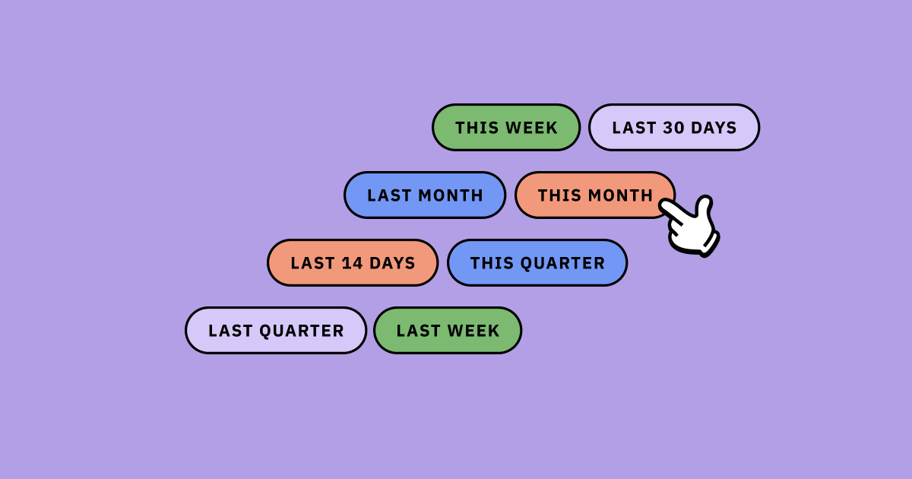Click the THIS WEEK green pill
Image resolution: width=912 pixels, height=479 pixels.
coord(506,128)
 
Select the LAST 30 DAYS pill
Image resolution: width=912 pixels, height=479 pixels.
coord(674,128)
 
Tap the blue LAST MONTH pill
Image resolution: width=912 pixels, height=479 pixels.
coord(425,195)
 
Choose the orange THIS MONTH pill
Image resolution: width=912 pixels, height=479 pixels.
coord(595,195)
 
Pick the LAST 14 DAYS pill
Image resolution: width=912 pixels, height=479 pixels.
coord(353,263)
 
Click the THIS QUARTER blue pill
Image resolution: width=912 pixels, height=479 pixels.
coord(537,263)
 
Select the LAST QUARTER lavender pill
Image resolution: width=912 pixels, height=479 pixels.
coord(276,330)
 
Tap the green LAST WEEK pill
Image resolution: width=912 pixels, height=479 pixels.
coord(448,330)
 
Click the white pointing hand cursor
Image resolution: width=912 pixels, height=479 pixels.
coord(690,226)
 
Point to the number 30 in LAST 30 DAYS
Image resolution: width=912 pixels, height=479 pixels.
coord(674,128)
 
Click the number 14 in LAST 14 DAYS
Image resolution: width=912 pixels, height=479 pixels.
coord(352,263)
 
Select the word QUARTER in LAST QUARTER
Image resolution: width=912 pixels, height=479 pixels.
coord(301,331)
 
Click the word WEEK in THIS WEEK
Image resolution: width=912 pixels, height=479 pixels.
coord(531,128)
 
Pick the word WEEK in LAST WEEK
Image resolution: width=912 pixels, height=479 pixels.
coord(473,331)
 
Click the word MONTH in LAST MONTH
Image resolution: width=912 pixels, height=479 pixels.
coord(451,195)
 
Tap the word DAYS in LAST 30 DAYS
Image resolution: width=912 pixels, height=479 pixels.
coord(714,128)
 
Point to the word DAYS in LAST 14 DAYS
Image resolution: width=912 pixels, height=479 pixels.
coord(392,263)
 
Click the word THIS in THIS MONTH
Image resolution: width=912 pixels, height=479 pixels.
coord(553,195)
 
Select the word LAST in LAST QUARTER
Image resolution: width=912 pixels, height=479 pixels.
coord(230,331)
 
